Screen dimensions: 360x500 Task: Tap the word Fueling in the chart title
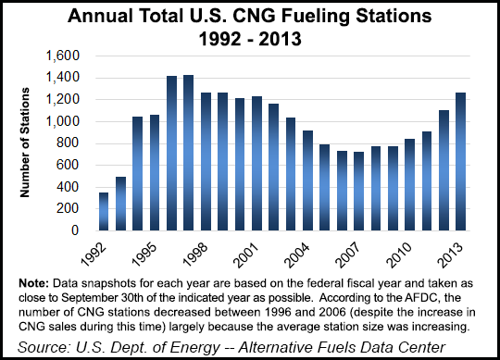tap(283, 16)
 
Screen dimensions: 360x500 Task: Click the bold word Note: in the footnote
tap(27, 280)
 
